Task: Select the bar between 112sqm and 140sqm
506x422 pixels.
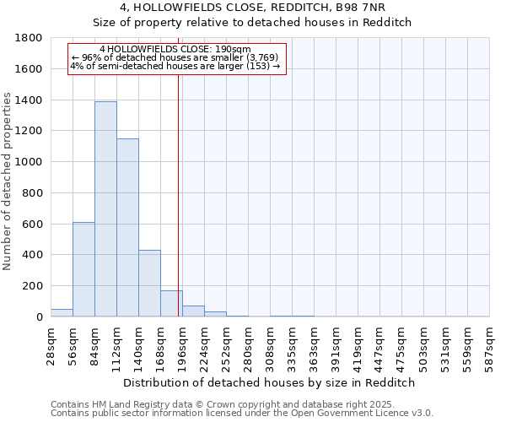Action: pos(127,228)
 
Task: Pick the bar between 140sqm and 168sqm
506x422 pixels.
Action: pos(149,284)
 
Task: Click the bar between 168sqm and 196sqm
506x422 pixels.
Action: pos(171,304)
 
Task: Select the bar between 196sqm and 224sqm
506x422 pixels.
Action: pos(193,311)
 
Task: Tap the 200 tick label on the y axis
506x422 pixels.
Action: pos(33,286)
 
